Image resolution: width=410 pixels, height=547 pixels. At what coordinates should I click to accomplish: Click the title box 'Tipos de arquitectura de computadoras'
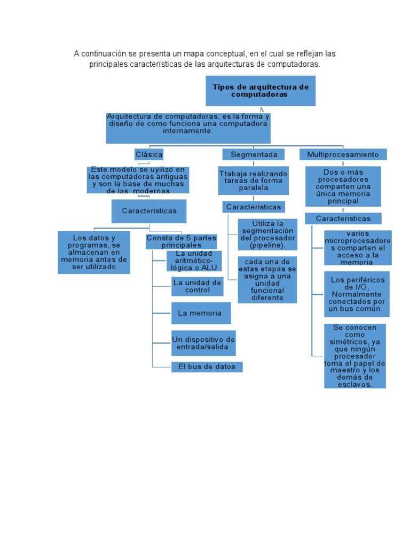(x=261, y=90)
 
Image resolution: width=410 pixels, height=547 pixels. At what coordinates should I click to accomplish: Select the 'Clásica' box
(x=149, y=154)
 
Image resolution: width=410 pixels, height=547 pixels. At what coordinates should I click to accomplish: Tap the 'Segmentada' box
(x=254, y=154)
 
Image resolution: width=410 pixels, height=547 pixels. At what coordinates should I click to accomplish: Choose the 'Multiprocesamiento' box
(x=343, y=154)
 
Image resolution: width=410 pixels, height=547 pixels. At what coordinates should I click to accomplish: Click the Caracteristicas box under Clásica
(x=149, y=211)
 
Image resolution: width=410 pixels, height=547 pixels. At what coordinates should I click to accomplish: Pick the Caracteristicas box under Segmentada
(x=254, y=207)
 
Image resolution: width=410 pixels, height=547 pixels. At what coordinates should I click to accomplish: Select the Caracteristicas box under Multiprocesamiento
(x=343, y=218)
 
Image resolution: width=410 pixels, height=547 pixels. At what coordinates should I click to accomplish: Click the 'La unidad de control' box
(x=196, y=286)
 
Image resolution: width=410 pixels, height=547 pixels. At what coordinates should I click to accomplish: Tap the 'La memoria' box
(x=201, y=313)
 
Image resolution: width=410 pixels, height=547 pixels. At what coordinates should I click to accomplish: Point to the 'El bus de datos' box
(x=207, y=367)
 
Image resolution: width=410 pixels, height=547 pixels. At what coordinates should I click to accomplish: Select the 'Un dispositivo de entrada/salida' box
(x=203, y=343)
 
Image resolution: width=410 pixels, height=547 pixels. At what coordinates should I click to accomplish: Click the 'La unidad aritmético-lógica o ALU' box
(x=194, y=261)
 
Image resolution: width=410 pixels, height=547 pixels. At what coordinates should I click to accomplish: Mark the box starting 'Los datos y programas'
(x=94, y=252)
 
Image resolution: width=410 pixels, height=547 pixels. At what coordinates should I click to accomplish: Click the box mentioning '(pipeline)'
(x=267, y=234)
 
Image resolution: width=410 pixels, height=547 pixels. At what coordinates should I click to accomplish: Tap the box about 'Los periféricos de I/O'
(x=356, y=294)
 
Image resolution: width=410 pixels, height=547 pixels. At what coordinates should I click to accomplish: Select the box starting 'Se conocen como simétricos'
(x=354, y=356)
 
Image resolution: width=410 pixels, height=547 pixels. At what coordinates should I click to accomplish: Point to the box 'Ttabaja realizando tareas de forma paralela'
(x=254, y=181)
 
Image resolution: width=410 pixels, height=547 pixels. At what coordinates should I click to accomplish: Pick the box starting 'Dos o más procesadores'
(x=343, y=186)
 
